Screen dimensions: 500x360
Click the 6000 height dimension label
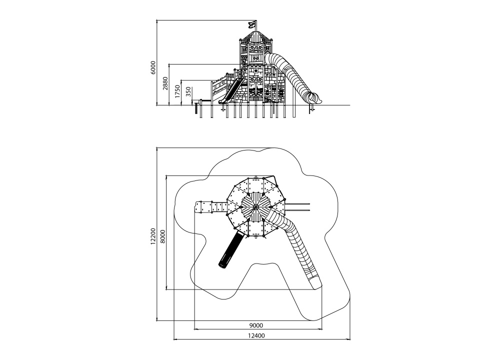tap(153, 67)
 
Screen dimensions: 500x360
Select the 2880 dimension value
tap(165, 83)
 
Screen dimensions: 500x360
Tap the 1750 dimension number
tap(177, 91)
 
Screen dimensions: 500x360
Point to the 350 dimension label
tap(188, 92)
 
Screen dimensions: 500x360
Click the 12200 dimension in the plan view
tap(153, 236)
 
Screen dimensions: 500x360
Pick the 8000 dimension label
tap(163, 236)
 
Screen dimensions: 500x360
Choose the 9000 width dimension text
tap(255, 325)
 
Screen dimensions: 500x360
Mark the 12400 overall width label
tap(256, 335)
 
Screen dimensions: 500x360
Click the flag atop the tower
tap(252, 24)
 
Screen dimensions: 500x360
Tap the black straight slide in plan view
tap(230, 249)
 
